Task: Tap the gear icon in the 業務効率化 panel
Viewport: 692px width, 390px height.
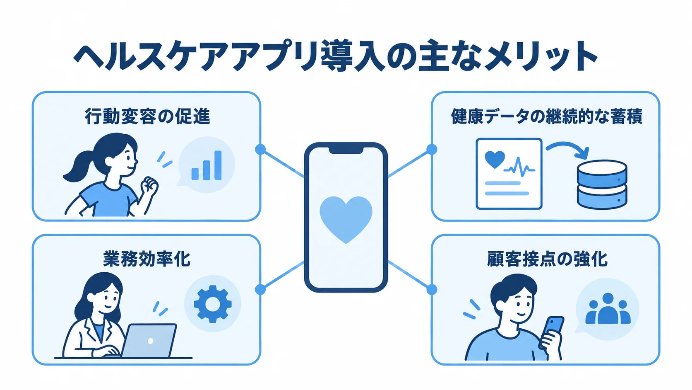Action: coord(213,304)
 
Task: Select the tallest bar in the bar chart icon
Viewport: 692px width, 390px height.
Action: coord(218,165)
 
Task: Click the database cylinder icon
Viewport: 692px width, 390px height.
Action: coord(602,184)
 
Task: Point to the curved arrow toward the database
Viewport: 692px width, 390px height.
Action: coord(567,144)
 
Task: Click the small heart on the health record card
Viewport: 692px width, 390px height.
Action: coord(495,159)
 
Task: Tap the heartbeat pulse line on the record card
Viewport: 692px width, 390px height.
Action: coord(519,167)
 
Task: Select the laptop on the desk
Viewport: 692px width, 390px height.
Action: coord(150,341)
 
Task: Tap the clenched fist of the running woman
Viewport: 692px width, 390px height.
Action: coord(149,185)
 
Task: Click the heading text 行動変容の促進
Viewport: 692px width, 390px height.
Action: coord(147,116)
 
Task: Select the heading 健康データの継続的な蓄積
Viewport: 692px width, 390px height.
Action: coord(547,116)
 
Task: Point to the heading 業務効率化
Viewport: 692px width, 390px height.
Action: coord(147,259)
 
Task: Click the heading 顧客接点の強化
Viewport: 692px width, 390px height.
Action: coord(547,259)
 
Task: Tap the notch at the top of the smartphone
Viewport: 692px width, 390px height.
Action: coord(346,150)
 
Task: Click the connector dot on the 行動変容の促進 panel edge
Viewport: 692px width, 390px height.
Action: coord(260,149)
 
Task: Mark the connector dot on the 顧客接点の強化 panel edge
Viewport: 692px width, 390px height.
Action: coord(432,289)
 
